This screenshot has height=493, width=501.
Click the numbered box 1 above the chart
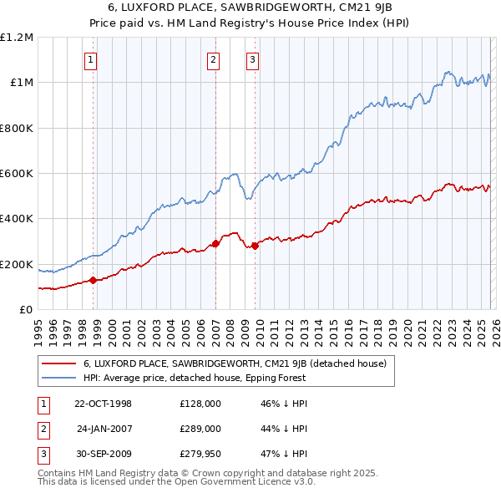click(90, 59)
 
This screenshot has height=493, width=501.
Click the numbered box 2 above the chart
click(214, 59)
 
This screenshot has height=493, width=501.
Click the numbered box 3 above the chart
click(252, 59)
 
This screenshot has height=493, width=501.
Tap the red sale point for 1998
click(94, 281)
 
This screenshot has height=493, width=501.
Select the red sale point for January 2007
click(215, 244)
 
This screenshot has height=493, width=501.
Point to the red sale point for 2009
click(255, 246)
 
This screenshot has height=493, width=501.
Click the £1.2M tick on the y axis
click(17, 38)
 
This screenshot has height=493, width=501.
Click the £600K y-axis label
click(17, 174)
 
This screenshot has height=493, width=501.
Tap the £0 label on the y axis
click(27, 309)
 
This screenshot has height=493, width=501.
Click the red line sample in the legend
click(59, 364)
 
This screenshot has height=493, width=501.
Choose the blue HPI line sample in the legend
click(59, 378)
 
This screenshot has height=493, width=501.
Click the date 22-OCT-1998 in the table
click(103, 404)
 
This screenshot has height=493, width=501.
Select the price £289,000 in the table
click(200, 429)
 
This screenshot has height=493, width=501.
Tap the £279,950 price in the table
click(200, 454)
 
